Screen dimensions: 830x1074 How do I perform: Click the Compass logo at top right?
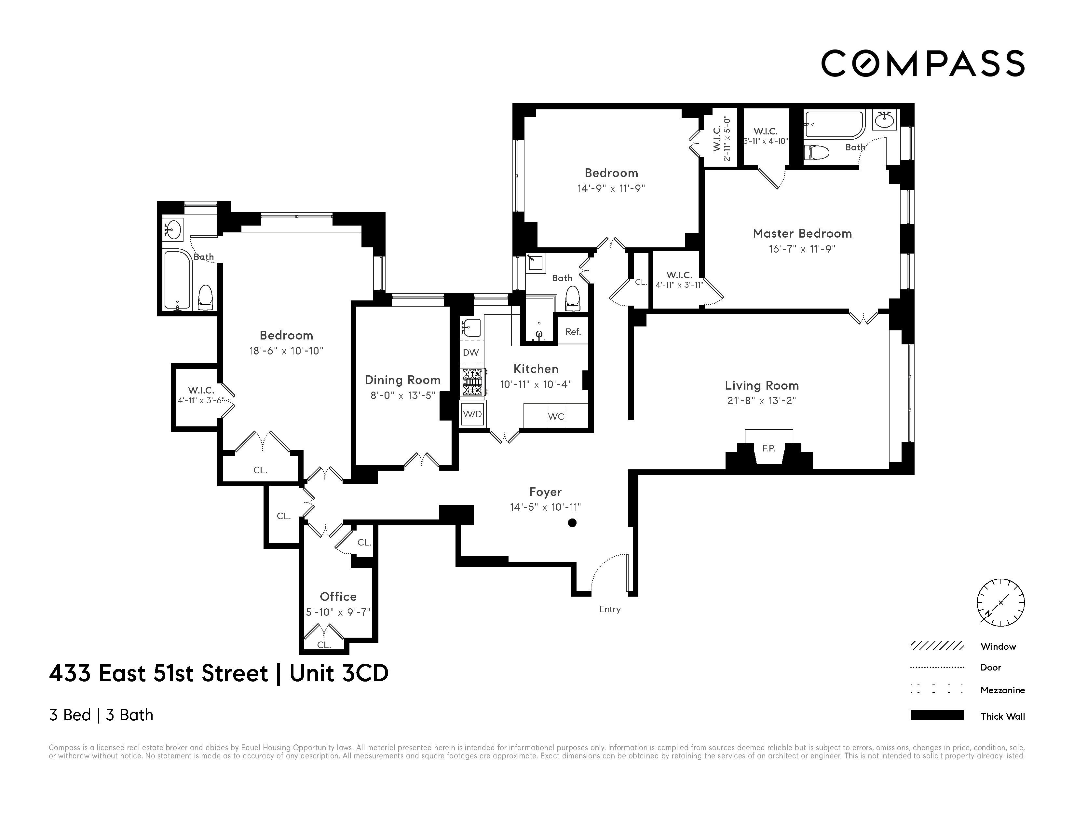(x=922, y=63)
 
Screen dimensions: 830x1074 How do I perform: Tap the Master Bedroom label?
(x=802, y=234)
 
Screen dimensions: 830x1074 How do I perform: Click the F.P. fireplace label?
(x=768, y=448)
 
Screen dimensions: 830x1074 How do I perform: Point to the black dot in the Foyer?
(x=572, y=523)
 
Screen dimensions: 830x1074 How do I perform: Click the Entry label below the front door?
(x=610, y=609)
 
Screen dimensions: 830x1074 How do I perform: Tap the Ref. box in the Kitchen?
(x=573, y=332)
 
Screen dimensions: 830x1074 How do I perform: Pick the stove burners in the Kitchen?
(x=473, y=382)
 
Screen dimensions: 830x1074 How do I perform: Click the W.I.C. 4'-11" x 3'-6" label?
(x=201, y=395)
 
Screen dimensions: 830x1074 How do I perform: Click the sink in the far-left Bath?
(x=173, y=229)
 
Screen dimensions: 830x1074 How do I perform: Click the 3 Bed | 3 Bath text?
(x=101, y=715)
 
